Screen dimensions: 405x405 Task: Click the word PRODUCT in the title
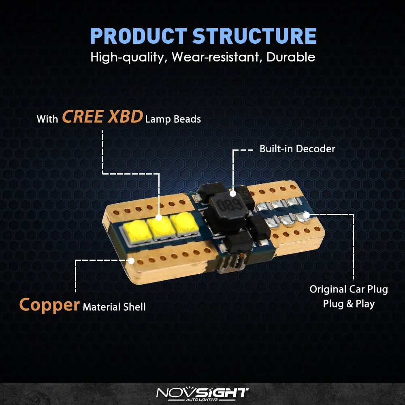tap(139, 36)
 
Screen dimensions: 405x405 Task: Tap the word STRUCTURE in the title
tap(254, 36)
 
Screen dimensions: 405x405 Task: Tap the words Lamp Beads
tap(173, 119)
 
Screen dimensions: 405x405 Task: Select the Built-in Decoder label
tap(297, 149)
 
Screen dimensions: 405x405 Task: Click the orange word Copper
tap(49, 305)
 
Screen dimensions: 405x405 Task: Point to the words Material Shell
tap(114, 307)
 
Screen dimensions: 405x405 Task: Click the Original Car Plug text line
tap(349, 289)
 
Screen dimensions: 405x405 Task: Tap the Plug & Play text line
tap(349, 304)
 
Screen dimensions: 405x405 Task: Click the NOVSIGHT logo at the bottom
tap(202, 393)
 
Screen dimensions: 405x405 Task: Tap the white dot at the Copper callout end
tap(131, 260)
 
